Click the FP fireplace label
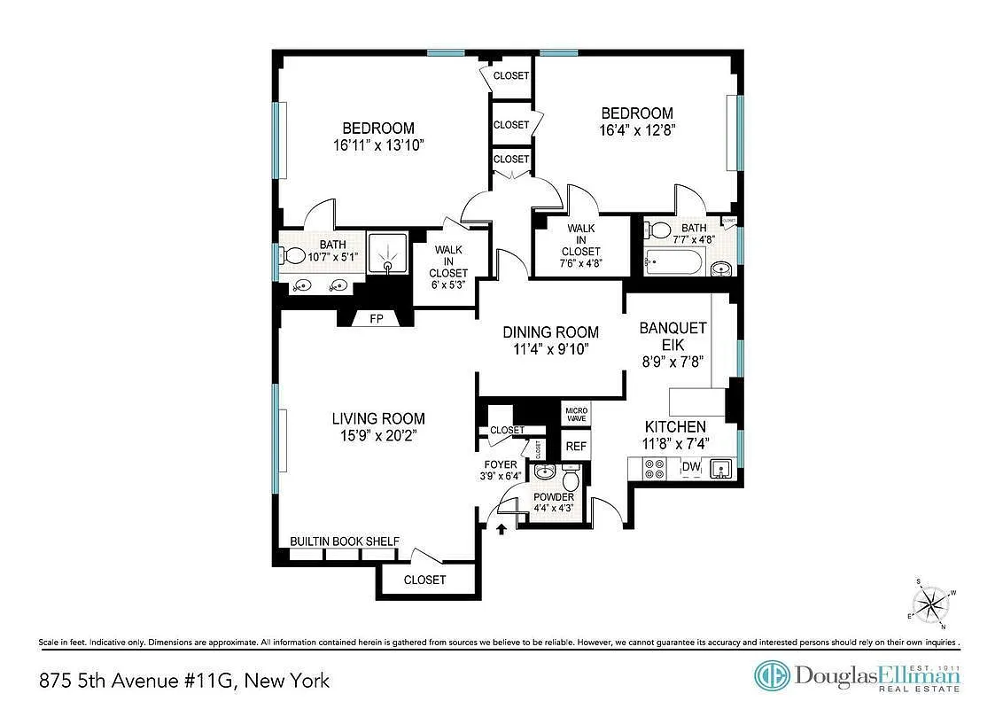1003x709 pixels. pyautogui.click(x=377, y=319)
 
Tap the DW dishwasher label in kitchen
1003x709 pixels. pyautogui.click(x=690, y=467)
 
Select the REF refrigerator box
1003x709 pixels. pyautogui.click(x=576, y=447)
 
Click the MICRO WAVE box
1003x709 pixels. pyautogui.click(x=576, y=414)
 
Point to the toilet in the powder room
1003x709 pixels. pyautogui.click(x=571, y=479)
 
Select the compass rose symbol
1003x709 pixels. pyautogui.click(x=929, y=605)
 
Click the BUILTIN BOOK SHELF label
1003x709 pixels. pyautogui.click(x=345, y=541)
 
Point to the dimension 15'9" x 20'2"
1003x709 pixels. pyautogui.click(x=378, y=436)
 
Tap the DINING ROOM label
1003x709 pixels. pyautogui.click(x=550, y=332)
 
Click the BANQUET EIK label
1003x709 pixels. pyautogui.click(x=673, y=337)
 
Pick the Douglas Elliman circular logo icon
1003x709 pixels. pyautogui.click(x=771, y=676)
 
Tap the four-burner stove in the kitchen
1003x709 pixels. pyautogui.click(x=656, y=469)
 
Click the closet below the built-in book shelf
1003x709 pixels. pyautogui.click(x=424, y=580)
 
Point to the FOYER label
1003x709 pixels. pyautogui.click(x=501, y=464)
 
